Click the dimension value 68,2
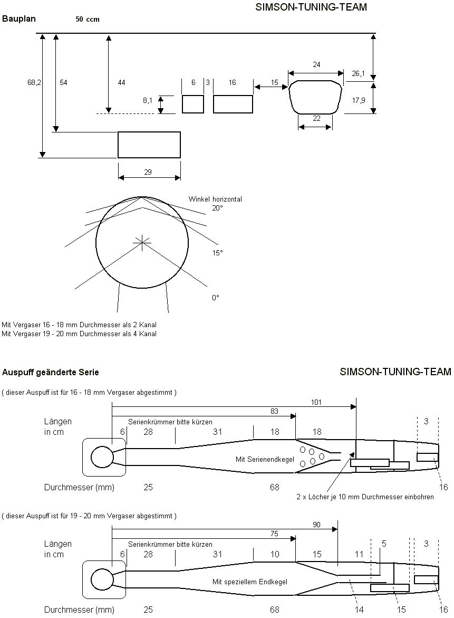[x=34, y=83]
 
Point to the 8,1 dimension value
[x=148, y=100]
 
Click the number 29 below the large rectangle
[x=148, y=173]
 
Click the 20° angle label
[x=217, y=208]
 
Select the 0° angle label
[x=215, y=298]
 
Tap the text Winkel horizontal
[x=215, y=199]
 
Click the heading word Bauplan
[x=18, y=19]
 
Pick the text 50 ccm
[x=88, y=19]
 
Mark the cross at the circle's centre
[x=142, y=242]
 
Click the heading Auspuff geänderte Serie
[x=51, y=372]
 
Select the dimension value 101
[x=316, y=402]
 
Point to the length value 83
[x=274, y=411]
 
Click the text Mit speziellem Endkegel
[x=250, y=582]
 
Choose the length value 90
[x=316, y=524]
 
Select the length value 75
[x=274, y=534]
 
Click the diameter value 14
[x=359, y=610]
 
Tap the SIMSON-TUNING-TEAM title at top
[x=311, y=7]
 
